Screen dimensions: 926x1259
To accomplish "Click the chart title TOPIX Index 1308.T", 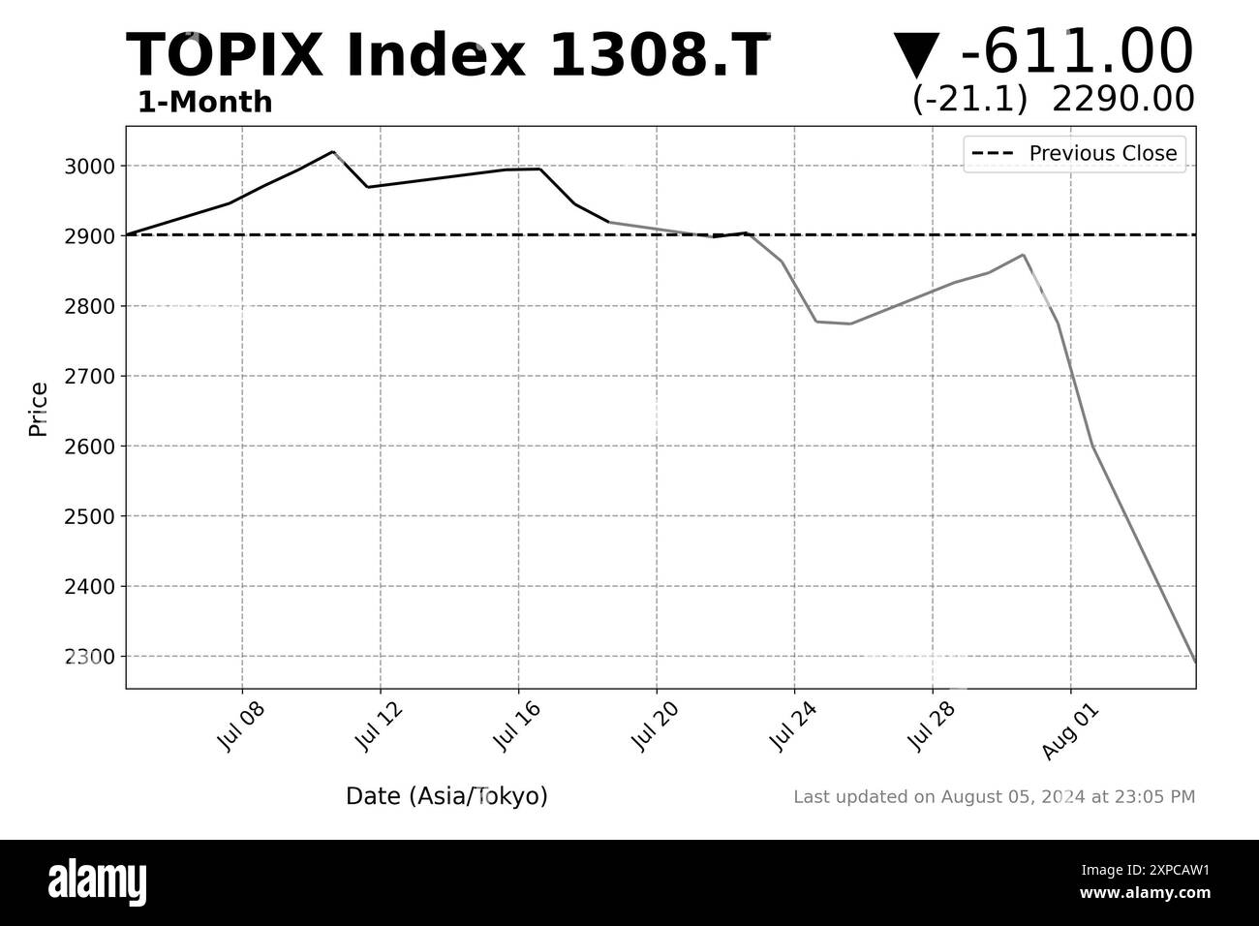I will pyautogui.click(x=448, y=55).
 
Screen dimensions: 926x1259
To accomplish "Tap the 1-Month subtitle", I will pyautogui.click(x=204, y=103).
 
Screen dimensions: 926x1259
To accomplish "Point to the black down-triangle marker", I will pyautogui.click(x=916, y=55).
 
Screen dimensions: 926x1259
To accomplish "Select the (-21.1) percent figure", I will pyautogui.click(x=969, y=99).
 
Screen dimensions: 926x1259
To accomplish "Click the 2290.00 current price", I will pyautogui.click(x=1122, y=99).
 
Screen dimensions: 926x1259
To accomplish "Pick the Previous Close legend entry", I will pyautogui.click(x=1074, y=153).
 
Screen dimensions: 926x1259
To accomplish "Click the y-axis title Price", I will pyautogui.click(x=39, y=409).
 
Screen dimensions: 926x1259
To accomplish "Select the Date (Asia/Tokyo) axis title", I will pyautogui.click(x=446, y=796).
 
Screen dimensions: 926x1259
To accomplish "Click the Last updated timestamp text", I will pyautogui.click(x=994, y=797).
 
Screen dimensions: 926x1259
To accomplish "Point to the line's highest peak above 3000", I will pyautogui.click(x=332, y=151).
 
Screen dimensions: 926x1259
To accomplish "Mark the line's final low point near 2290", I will pyautogui.click(x=1194, y=662).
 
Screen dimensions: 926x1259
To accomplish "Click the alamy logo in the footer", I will pyautogui.click(x=97, y=882).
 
